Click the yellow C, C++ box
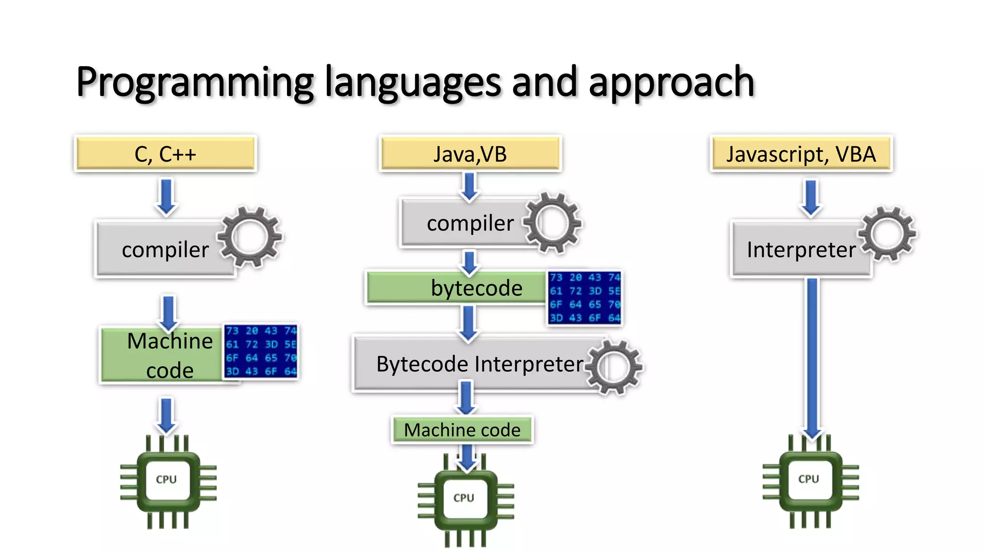coord(166,154)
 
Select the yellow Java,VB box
coord(470,154)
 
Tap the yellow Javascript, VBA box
coord(801,154)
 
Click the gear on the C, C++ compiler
coord(250,237)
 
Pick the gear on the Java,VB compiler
coord(552,223)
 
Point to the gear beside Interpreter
coord(887,234)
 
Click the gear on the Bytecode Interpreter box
coord(614,367)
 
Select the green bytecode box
coord(456,288)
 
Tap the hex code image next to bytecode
coord(585,298)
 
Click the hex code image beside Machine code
coord(261,351)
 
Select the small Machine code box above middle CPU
coord(462,430)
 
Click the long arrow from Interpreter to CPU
coord(812,355)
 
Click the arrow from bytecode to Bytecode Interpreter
coord(468,323)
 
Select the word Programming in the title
coord(194,83)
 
